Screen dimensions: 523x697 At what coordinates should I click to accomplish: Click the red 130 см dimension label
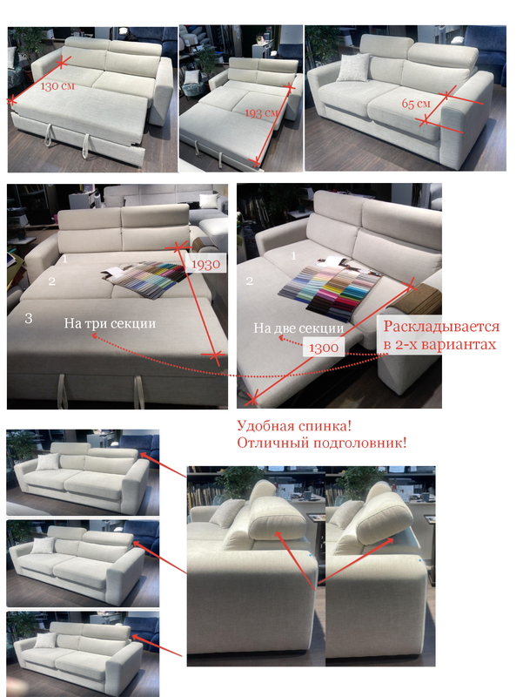pyautogui.click(x=57, y=85)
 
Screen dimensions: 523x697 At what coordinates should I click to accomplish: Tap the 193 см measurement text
pyautogui.click(x=261, y=112)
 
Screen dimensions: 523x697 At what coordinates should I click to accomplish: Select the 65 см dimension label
pyautogui.click(x=416, y=103)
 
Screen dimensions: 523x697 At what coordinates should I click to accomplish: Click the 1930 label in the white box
pyautogui.click(x=205, y=265)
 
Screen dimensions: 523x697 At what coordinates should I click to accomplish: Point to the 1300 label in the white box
pyautogui.click(x=324, y=347)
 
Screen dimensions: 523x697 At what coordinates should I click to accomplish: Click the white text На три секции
pyautogui.click(x=110, y=322)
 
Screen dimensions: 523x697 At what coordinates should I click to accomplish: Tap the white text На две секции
pyautogui.click(x=298, y=328)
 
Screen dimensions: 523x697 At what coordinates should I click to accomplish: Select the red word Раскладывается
pyautogui.click(x=441, y=326)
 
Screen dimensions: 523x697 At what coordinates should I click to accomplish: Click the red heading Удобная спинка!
pyautogui.click(x=294, y=426)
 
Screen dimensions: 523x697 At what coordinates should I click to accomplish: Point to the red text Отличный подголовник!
pyautogui.click(x=321, y=443)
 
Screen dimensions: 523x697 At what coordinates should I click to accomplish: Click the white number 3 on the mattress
pyautogui.click(x=29, y=318)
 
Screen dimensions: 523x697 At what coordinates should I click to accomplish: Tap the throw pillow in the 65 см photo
pyautogui.click(x=353, y=67)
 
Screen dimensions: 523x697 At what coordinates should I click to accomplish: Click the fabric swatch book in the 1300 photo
pyautogui.click(x=331, y=288)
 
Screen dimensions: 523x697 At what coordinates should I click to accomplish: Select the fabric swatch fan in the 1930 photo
pyautogui.click(x=142, y=276)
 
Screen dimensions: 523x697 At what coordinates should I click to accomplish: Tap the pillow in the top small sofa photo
pyautogui.click(x=48, y=462)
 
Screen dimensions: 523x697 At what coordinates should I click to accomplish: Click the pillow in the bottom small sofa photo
pyautogui.click(x=45, y=640)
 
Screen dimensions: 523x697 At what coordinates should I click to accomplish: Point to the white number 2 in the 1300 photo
pyautogui.click(x=250, y=281)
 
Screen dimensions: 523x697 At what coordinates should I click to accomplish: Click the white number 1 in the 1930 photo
pyautogui.click(x=64, y=258)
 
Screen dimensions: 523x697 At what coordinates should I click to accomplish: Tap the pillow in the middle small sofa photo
pyautogui.click(x=43, y=545)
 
